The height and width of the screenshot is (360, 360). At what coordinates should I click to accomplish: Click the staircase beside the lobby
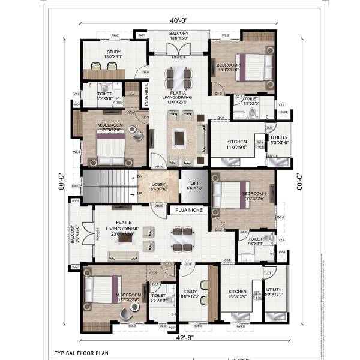(x=109, y=185)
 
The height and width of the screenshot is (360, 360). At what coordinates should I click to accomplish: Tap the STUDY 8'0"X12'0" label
(x=192, y=293)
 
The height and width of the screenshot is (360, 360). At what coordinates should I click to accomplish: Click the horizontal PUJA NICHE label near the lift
(x=188, y=211)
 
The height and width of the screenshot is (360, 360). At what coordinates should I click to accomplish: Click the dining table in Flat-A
(x=178, y=76)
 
